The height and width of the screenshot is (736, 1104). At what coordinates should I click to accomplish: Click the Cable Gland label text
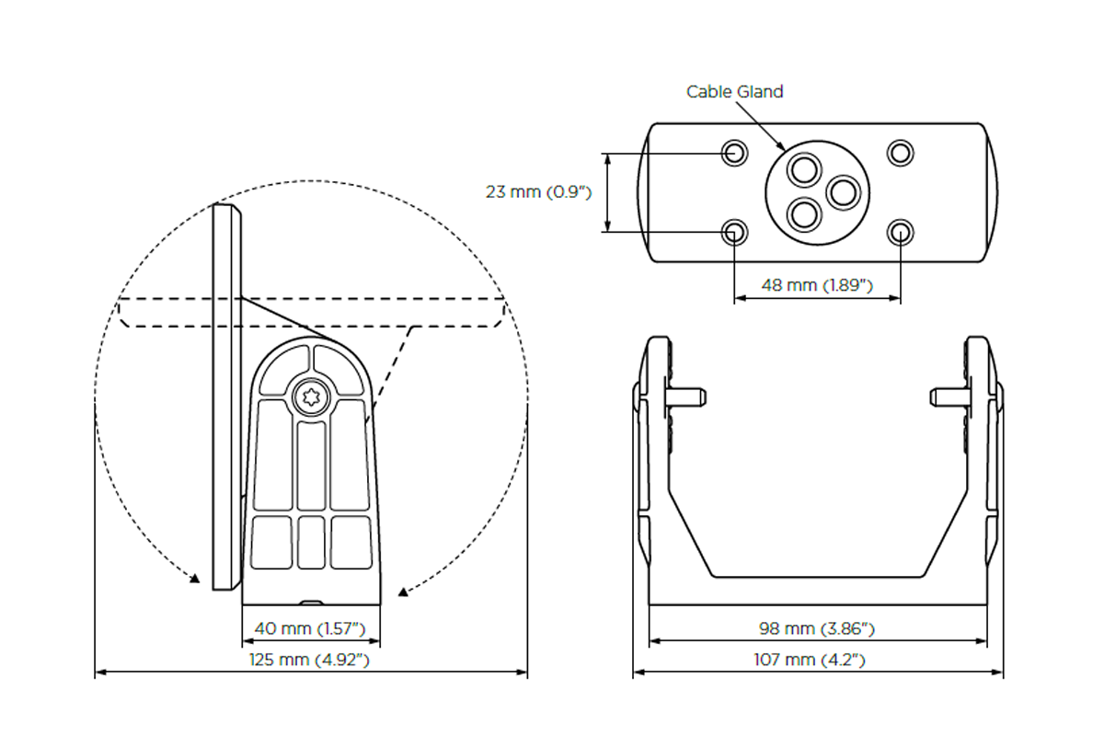(x=735, y=92)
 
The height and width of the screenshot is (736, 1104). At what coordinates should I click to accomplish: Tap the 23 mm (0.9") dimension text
(x=537, y=192)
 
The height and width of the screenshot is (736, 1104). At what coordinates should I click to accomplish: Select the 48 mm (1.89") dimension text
(x=817, y=285)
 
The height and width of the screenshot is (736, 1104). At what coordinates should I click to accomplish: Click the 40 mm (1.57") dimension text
(x=311, y=629)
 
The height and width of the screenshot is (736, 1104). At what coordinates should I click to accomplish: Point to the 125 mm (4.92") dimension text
(x=310, y=660)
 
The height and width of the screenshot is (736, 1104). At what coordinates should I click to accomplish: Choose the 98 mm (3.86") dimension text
(x=817, y=629)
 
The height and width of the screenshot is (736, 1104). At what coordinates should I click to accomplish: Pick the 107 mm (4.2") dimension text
(x=817, y=660)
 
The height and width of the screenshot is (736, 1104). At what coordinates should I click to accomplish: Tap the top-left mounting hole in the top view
(x=734, y=152)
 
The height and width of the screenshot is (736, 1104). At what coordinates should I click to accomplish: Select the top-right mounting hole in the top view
(x=900, y=152)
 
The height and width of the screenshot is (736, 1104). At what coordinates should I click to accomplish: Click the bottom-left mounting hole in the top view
(x=734, y=231)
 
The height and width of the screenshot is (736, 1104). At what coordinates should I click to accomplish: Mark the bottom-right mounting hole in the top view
(x=900, y=231)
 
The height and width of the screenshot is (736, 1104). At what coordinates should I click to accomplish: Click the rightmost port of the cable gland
(x=843, y=192)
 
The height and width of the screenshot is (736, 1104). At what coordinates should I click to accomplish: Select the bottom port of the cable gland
(x=806, y=214)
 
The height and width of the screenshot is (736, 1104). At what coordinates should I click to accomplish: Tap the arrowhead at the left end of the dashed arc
(x=194, y=579)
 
